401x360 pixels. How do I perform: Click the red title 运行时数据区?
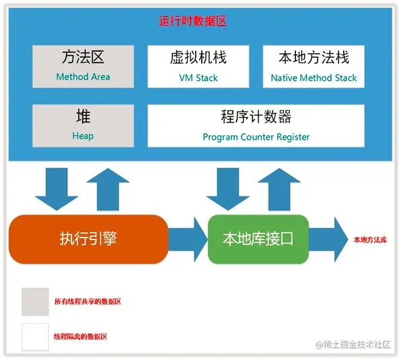[192, 22]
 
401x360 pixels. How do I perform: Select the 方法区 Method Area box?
[83, 66]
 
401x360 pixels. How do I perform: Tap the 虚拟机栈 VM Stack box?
[198, 66]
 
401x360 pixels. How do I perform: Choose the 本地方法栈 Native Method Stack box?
[314, 66]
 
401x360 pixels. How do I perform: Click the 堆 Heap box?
[83, 125]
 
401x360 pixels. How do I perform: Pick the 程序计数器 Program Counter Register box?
[256, 125]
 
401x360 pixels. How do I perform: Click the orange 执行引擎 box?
[87, 238]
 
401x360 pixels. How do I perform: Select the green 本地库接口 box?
[258, 239]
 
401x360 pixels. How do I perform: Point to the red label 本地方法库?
[370, 240]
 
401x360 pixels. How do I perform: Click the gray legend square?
[35, 301]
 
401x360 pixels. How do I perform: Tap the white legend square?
[35, 336]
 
